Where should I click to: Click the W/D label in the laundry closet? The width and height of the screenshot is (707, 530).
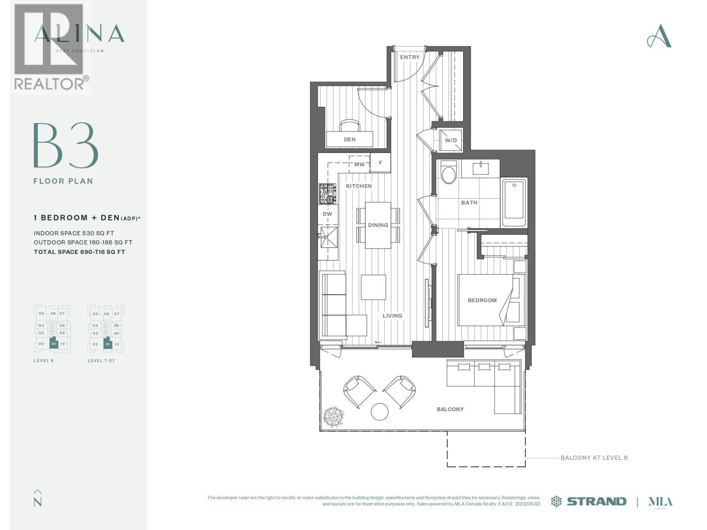tap(451, 140)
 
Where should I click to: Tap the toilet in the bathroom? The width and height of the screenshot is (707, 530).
tap(449, 173)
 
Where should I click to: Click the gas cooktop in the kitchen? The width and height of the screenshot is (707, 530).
tap(327, 194)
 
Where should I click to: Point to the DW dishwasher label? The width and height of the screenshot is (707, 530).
tap(327, 214)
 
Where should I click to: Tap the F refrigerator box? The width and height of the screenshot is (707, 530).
tap(380, 163)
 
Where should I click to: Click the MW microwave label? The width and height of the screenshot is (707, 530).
tap(360, 165)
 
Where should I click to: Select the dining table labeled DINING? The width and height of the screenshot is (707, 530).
tap(378, 225)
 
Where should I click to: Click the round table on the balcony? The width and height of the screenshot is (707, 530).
tap(380, 412)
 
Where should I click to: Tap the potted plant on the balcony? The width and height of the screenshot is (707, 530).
tap(334, 416)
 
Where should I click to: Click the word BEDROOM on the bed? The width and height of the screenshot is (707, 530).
tap(482, 300)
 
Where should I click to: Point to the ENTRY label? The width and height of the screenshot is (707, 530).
tap(410, 57)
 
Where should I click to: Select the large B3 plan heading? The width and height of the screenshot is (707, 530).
tap(65, 146)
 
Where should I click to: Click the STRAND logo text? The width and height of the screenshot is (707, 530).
tap(596, 501)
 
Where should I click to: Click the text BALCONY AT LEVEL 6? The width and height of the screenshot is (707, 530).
tap(594, 458)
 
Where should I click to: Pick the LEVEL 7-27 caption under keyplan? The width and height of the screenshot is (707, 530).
tap(101, 361)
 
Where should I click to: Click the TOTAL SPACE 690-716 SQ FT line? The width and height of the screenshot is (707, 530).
tap(80, 252)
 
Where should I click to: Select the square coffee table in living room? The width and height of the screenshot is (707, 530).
tap(373, 288)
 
